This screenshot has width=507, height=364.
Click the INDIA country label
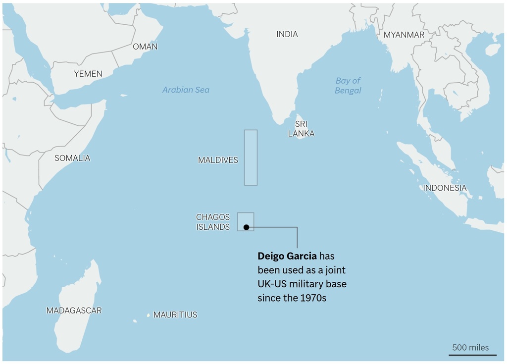pos(287,34)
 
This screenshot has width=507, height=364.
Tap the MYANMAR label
pos(404,35)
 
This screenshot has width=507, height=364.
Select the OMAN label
pos(145,47)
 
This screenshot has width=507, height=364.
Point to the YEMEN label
pos(88,74)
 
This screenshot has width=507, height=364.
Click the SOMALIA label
pos(72,158)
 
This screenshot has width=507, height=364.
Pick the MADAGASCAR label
pos(74,311)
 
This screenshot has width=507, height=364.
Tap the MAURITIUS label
pos(175,314)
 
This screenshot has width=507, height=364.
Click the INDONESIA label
pos(445,188)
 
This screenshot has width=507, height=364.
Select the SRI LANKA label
pos(301,129)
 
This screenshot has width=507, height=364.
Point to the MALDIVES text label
pos(218,160)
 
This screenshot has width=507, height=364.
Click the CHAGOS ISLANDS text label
pos(213,222)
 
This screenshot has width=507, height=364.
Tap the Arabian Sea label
pos(186,90)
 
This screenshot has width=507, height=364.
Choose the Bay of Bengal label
pos(348,85)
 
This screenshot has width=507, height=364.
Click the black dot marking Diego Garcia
pos(246,227)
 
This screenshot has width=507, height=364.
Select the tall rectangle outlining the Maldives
pos(251,157)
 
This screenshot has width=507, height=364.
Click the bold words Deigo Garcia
pos(287,256)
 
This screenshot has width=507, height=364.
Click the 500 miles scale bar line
pos(472,355)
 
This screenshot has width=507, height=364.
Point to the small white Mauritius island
pos(148,315)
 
